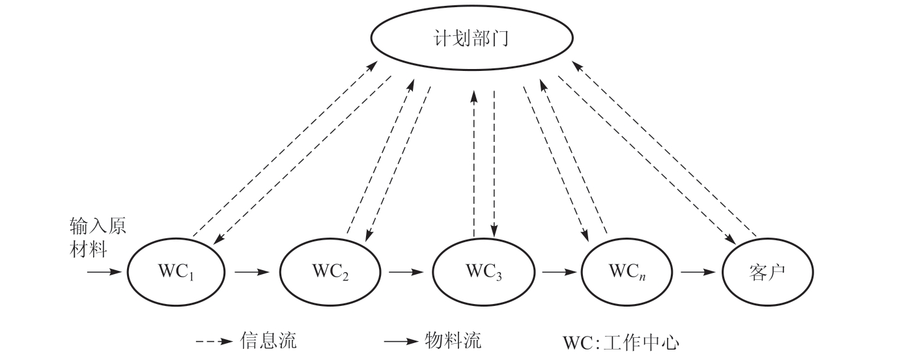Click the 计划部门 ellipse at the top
[x=470, y=39]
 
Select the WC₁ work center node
[x=177, y=271]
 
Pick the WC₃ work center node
[x=483, y=271]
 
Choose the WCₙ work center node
[x=629, y=271]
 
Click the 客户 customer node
[x=769, y=271]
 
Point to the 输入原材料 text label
[x=98, y=238]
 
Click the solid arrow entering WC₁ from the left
[x=104, y=271]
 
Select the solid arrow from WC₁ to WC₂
[x=253, y=271]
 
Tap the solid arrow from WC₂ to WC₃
[x=406, y=271]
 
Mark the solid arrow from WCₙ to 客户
[x=699, y=271]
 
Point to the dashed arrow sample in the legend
[x=215, y=340]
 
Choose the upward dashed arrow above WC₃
[x=474, y=163]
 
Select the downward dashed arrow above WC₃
[x=494, y=163]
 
